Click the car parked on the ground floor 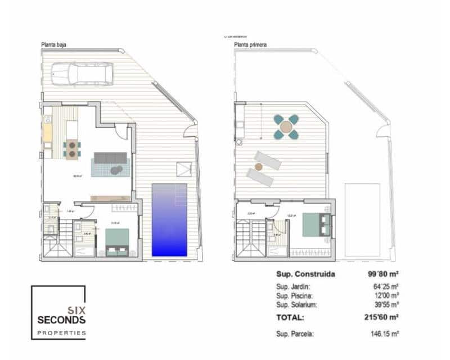82,74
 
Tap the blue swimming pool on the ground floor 169,220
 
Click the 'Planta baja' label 53,44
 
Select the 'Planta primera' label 250,44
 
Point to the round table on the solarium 286,127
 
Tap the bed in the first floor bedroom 313,224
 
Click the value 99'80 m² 383,275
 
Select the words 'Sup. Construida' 305,275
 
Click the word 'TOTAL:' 290,317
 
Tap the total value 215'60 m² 382,317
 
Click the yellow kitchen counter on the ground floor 48,134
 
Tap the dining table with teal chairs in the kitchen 71,148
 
